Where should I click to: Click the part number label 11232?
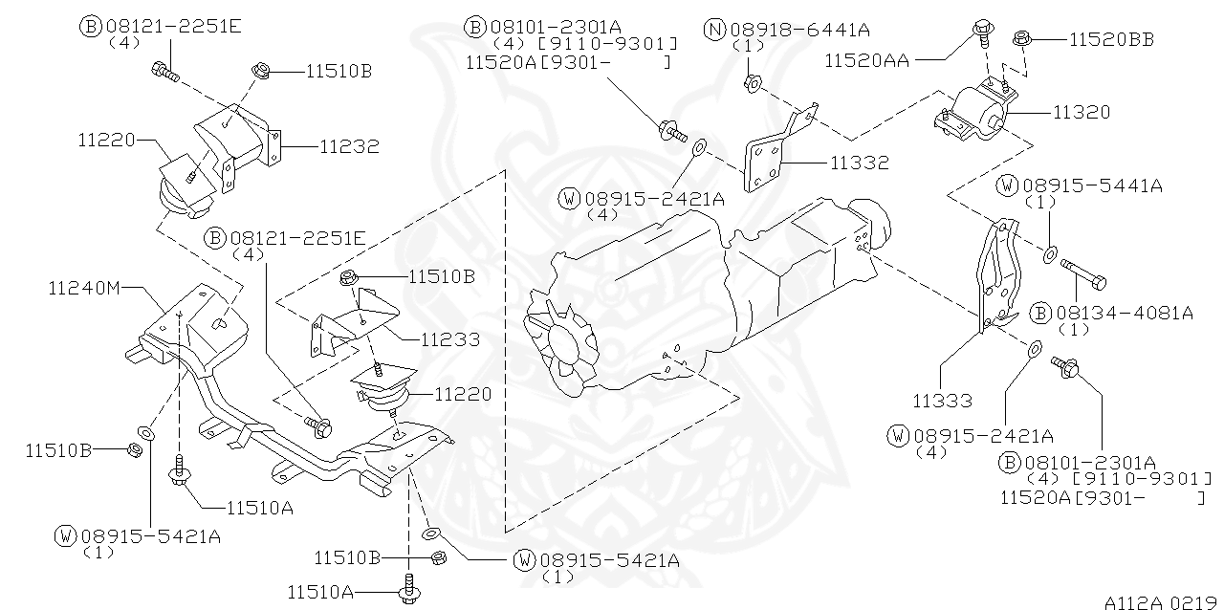coord(349,146)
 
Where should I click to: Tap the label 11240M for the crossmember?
coord(84,287)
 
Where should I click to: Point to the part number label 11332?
coord(859,163)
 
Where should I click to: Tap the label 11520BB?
coord(1110,39)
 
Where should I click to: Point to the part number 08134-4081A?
coord(1124,312)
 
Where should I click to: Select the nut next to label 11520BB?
coord(1022,38)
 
